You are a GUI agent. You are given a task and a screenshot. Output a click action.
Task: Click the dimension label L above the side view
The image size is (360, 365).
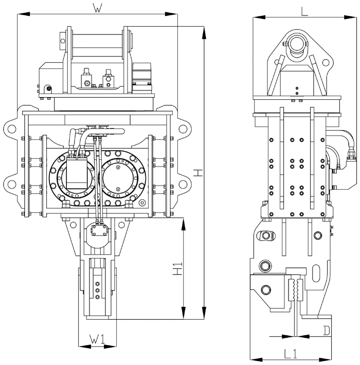(304, 11)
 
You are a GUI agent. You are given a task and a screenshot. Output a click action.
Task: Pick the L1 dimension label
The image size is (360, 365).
(292, 353)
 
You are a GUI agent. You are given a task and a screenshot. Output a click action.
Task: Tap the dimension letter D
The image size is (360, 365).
(327, 329)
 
